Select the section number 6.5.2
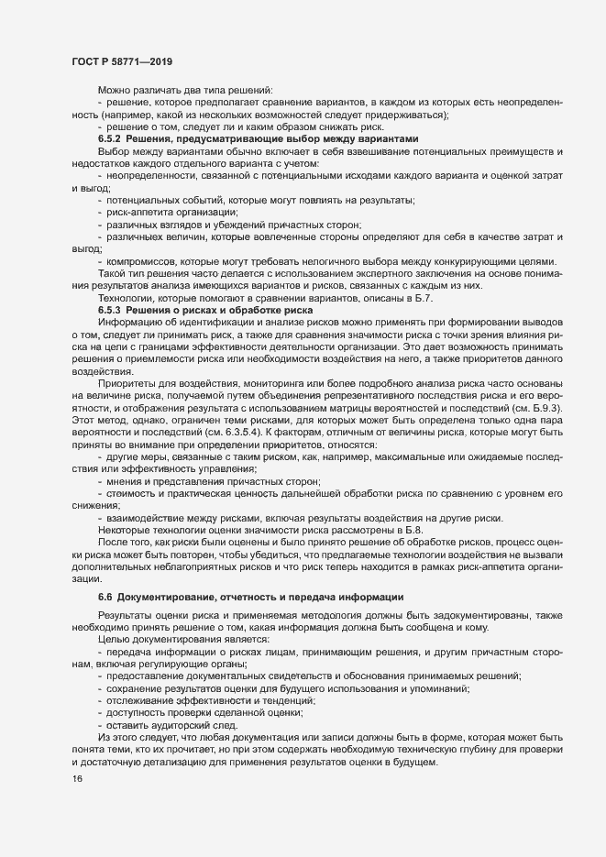(114, 137)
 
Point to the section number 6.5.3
(114, 313)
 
